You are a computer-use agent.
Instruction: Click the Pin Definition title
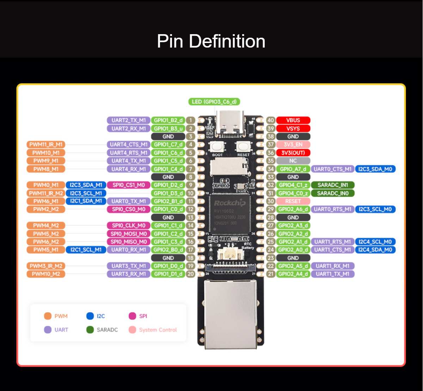coord(211,41)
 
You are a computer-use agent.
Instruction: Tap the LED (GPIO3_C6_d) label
coord(214,102)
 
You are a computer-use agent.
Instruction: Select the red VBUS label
coord(293,120)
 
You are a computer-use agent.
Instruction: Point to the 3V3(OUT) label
coord(293,153)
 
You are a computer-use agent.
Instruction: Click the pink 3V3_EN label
coord(293,144)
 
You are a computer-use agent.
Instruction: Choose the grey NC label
coord(293,161)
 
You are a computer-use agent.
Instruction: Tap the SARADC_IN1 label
coord(332,185)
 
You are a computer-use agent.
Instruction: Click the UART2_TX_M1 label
coord(129,120)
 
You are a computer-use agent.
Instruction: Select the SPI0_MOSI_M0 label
coord(129,234)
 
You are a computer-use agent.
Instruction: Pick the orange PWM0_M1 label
coord(46,185)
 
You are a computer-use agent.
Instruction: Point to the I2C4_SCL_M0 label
coord(375,242)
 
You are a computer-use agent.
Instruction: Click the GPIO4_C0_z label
coord(293,193)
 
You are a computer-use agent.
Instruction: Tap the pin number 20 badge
coord(190,274)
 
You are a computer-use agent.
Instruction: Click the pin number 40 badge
coord(271,120)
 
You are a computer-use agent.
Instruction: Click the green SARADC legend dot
coord(90,330)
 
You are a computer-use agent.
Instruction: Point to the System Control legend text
coord(158,330)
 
